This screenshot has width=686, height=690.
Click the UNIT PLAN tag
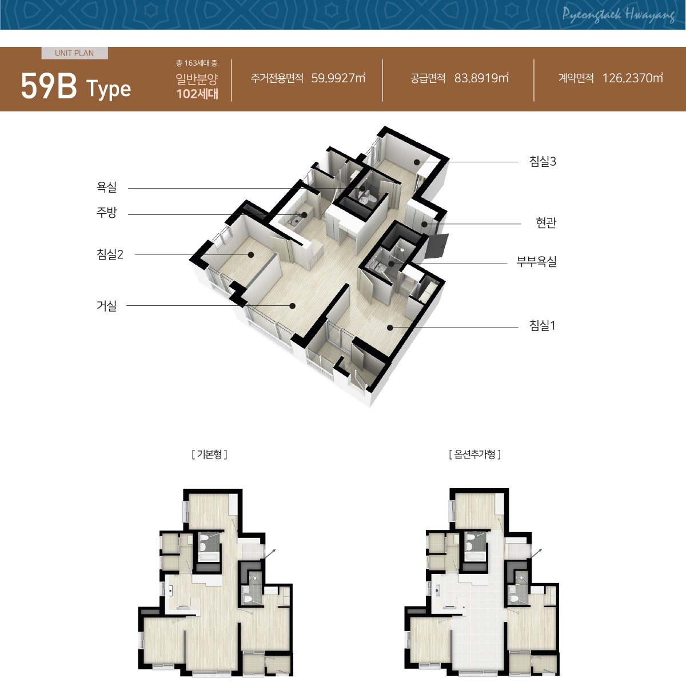pyautogui.click(x=74, y=53)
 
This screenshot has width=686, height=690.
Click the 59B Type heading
pyautogui.click(x=76, y=87)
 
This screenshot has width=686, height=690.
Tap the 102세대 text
pyautogui.click(x=197, y=94)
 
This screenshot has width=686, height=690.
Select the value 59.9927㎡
pyautogui.click(x=338, y=78)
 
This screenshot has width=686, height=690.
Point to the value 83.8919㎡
pyautogui.click(x=481, y=78)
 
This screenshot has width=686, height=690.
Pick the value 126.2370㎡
pyautogui.click(x=633, y=78)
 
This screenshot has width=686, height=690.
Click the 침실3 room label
pyautogui.click(x=543, y=161)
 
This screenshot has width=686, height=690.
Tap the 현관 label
pyautogui.click(x=546, y=223)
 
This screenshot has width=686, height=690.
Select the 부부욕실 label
pyautogui.click(x=536, y=261)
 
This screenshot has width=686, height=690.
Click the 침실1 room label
pyautogui.click(x=543, y=325)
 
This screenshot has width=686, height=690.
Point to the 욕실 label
pyautogui.click(x=106, y=187)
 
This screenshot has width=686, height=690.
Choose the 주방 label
pyautogui.click(x=106, y=213)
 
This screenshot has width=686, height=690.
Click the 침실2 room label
pyautogui.click(x=110, y=254)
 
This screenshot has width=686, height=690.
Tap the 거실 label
pyautogui.click(x=106, y=306)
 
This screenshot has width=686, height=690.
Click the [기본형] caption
pyautogui.click(x=210, y=454)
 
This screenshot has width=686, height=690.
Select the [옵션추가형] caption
pyautogui.click(x=474, y=454)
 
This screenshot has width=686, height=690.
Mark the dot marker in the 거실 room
pyautogui.click(x=292, y=306)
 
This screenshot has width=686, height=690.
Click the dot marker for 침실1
pyautogui.click(x=390, y=327)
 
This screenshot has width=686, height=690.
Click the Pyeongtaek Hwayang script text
pyautogui.click(x=619, y=15)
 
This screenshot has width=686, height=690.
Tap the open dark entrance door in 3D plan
pyautogui.click(x=436, y=246)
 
